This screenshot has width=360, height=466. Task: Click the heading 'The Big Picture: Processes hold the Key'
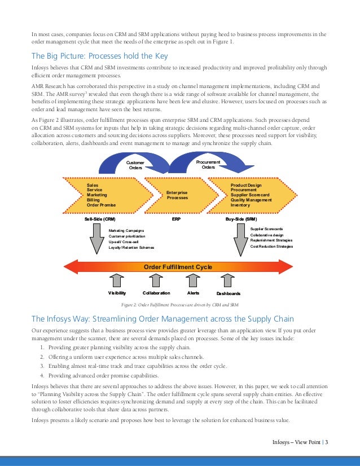99,56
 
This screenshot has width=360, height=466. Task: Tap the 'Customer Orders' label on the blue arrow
135,164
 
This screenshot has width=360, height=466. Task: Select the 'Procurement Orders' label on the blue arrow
208,164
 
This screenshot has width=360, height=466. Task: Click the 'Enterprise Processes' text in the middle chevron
177,195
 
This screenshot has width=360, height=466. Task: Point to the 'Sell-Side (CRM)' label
100,218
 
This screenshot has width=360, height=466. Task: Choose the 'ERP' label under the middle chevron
175,218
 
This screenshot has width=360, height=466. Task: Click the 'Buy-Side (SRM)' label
241,218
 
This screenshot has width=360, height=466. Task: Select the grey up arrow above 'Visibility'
117,280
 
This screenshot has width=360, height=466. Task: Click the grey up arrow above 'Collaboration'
156,280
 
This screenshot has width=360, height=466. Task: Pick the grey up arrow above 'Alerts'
192,280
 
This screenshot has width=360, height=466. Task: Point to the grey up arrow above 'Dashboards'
228,280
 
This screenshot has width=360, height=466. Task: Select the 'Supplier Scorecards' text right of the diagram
266,228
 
